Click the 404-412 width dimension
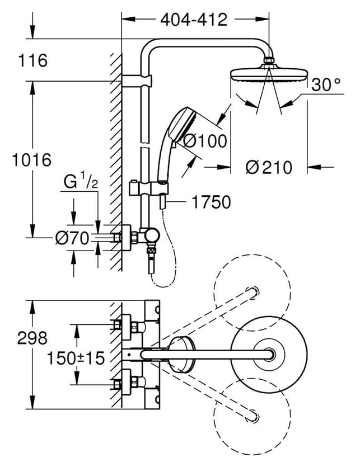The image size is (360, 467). click(x=194, y=20)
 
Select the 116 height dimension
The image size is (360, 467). click(x=33, y=60)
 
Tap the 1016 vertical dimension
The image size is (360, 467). click(x=31, y=160)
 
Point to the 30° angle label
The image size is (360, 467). click(x=326, y=84)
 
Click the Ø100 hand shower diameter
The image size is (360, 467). click(x=205, y=141)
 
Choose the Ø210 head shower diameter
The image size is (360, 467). click(x=269, y=167)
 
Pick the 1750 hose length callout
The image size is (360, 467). click(x=211, y=202)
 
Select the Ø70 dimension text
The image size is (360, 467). click(x=72, y=238)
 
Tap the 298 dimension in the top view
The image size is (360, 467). click(x=32, y=338)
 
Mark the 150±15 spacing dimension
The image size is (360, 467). click(x=76, y=358)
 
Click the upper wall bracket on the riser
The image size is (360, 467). click(x=137, y=81)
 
